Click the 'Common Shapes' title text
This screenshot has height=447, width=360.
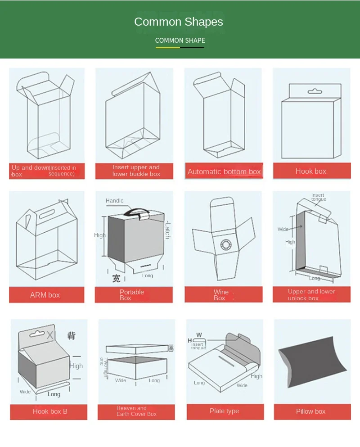pyautogui.click(x=179, y=22)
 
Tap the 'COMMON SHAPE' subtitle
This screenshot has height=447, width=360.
pyautogui.click(x=180, y=41)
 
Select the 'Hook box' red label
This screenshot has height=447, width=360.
pyautogui.click(x=311, y=171)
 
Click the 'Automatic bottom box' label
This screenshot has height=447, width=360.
pyautogui.click(x=224, y=172)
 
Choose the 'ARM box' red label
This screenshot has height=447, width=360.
pyautogui.click(x=45, y=295)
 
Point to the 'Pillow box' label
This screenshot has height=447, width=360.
pyautogui.click(x=310, y=411)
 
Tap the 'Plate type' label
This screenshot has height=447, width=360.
pyautogui.click(x=224, y=411)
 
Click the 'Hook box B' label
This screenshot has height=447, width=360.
pyautogui.click(x=50, y=411)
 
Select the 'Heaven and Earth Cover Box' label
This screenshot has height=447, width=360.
pyautogui.click(x=136, y=411)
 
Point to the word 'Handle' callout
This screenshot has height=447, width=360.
pyautogui.click(x=115, y=201)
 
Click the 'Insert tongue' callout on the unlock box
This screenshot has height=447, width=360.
pyautogui.click(x=318, y=197)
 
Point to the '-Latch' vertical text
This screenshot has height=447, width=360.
pyautogui.click(x=167, y=230)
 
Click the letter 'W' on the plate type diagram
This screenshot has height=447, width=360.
pyautogui.click(x=199, y=335)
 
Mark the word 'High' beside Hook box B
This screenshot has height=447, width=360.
pyautogui.click(x=76, y=366)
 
